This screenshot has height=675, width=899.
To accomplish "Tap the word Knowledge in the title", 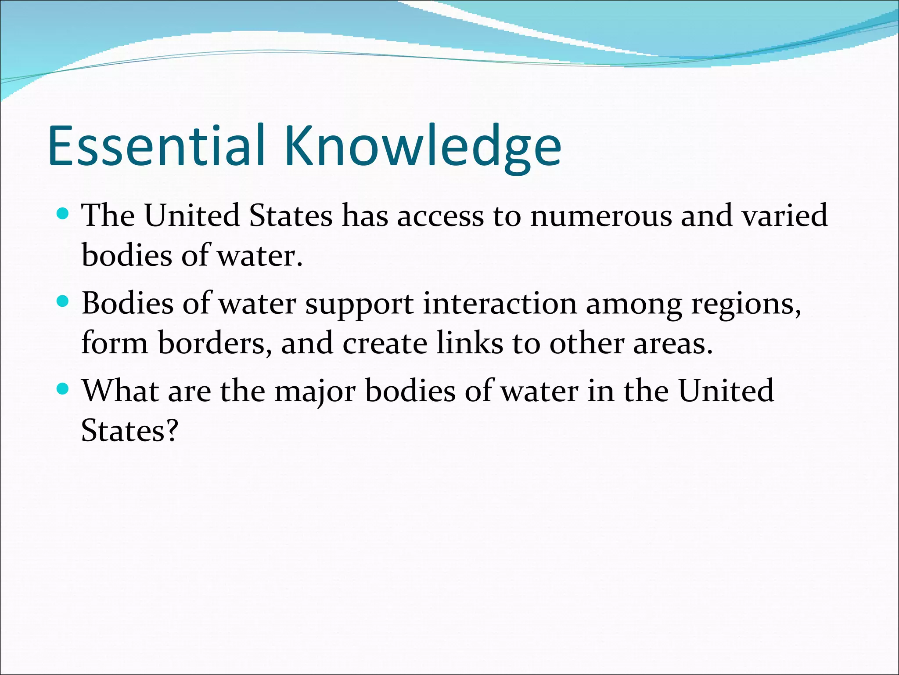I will coord(423,147).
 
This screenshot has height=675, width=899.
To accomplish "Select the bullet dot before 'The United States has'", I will coord(63,214).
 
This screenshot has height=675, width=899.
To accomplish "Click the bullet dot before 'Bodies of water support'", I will coord(63,302).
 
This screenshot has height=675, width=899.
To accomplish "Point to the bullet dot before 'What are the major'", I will coord(63,389).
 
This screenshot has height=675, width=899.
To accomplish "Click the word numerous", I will coord(601,216).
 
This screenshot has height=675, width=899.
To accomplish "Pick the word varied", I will coord(784,216).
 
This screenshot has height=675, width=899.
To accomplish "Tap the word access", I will coord(440,216).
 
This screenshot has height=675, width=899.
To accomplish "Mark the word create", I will coord(385,343).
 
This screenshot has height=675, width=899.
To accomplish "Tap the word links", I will coord(470,343).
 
